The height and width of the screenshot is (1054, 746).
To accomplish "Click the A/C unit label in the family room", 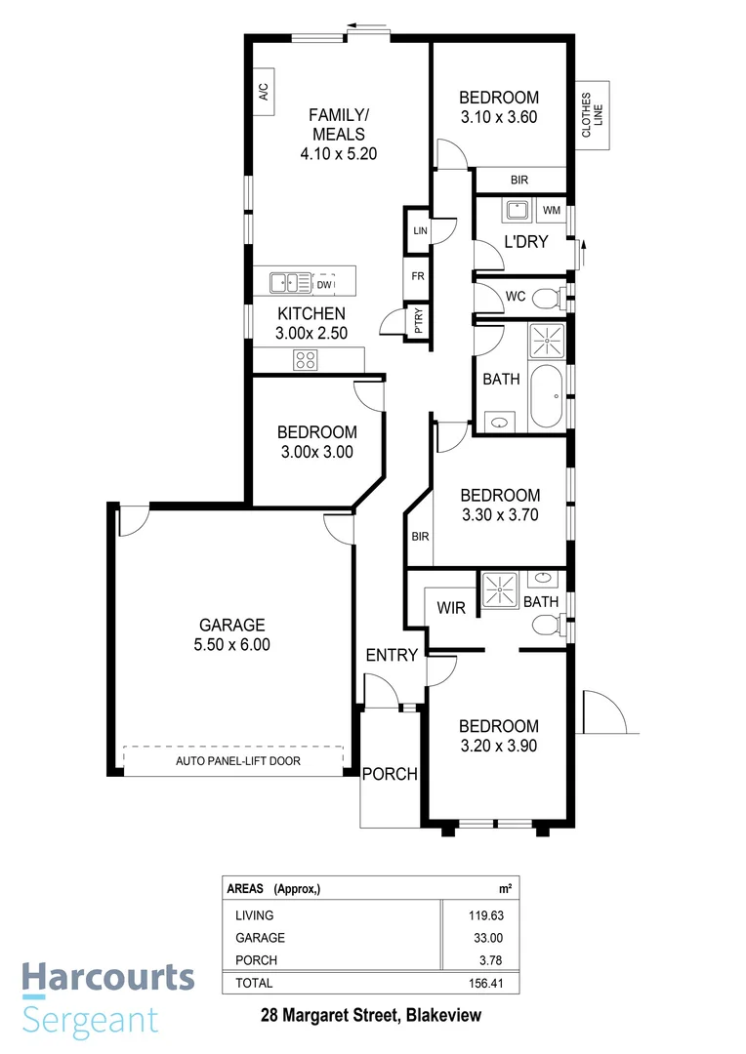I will click(x=264, y=94).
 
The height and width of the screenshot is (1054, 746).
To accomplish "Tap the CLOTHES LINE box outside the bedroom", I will click(x=593, y=115).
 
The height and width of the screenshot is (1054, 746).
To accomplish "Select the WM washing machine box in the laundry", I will click(x=552, y=211).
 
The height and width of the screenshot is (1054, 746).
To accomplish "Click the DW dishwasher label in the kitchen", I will click(x=324, y=285).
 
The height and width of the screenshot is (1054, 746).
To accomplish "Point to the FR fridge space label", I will click(x=418, y=277).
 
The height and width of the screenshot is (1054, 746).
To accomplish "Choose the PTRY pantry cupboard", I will click(x=419, y=323).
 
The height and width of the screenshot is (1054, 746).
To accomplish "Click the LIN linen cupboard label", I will click(x=419, y=230).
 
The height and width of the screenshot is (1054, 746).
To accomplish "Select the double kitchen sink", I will click(x=289, y=284).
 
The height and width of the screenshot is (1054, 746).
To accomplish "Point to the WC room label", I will click(x=517, y=297).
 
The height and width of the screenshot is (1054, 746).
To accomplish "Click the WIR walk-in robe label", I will click(x=450, y=608).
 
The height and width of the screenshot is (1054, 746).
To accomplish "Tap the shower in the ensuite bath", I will click(x=501, y=593).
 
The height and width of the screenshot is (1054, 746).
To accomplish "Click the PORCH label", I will click(x=390, y=775).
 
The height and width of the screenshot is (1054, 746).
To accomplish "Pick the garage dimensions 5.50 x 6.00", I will click(x=232, y=644).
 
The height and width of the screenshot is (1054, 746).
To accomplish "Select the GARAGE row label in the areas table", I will click(x=260, y=938).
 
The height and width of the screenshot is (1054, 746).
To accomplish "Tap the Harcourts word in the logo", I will click(x=108, y=978).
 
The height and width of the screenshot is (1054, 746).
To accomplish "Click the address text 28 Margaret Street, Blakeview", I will click(x=371, y=1016).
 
